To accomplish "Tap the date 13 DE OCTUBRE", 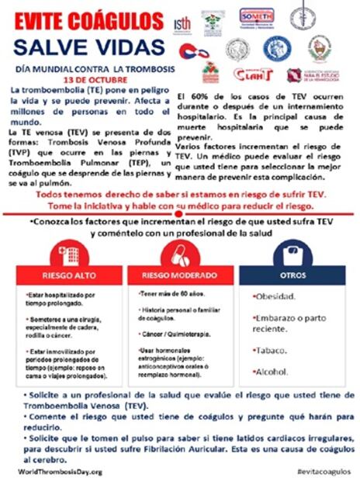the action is tap(92, 79).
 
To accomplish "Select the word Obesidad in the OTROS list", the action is tap(277, 297).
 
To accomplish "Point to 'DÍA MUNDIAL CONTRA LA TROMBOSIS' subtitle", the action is tap(88, 68).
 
